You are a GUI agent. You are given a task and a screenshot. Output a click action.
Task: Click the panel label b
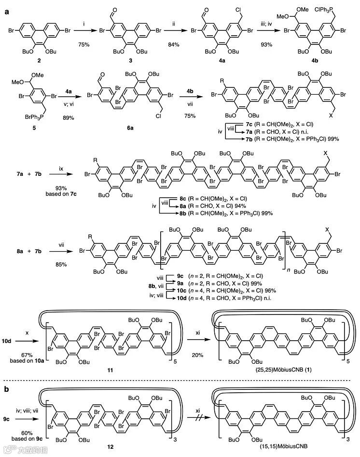7,382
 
